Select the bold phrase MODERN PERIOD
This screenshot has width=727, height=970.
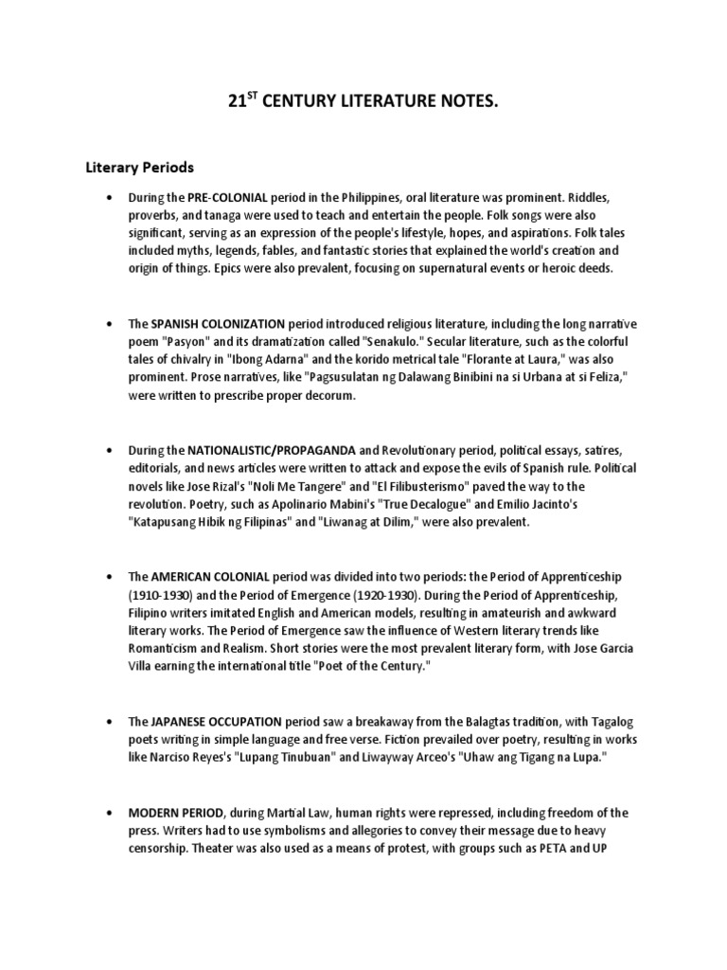click(172, 813)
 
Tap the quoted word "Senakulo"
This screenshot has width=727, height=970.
click(442, 341)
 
